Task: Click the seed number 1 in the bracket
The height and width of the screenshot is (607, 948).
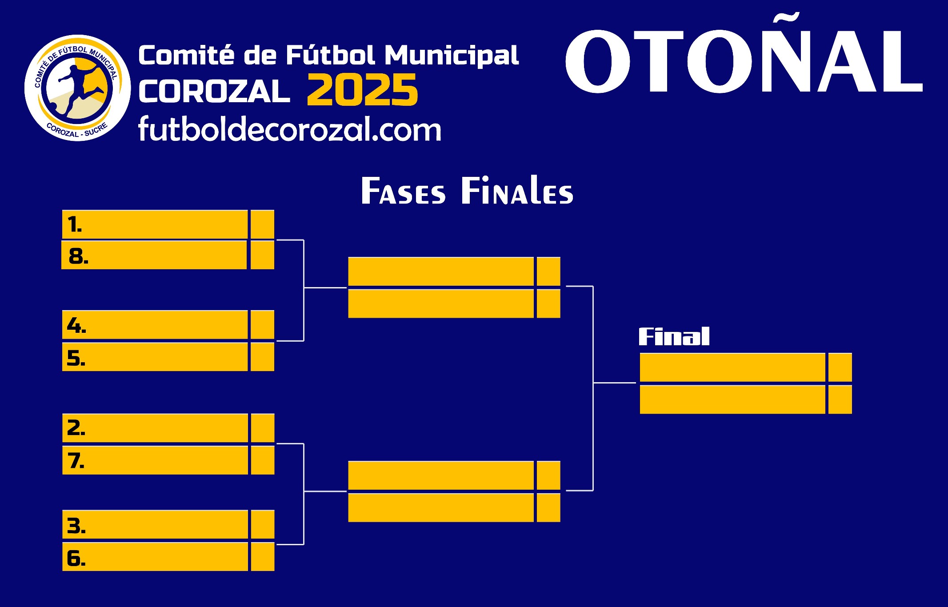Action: (x=75, y=224)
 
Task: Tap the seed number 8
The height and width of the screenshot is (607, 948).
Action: (x=78, y=256)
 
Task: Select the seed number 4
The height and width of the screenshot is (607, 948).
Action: (x=76, y=325)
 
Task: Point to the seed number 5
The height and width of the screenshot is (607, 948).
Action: (x=76, y=358)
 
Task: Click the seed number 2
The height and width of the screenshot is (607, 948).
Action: (x=76, y=427)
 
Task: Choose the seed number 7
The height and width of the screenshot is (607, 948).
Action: (x=76, y=460)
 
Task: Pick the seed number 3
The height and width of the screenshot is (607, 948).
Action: (x=76, y=526)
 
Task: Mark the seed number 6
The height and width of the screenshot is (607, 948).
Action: (x=76, y=558)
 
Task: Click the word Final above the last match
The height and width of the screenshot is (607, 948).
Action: (x=674, y=336)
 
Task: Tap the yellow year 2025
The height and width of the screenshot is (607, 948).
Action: (x=362, y=90)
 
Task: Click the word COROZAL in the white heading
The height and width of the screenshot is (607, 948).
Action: (x=214, y=91)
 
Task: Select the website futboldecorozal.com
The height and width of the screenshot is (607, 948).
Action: (x=290, y=129)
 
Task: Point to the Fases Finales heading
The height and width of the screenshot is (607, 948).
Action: (x=467, y=191)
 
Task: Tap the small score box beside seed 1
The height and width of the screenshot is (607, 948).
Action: (x=262, y=224)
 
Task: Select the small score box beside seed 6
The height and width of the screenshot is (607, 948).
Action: (x=262, y=557)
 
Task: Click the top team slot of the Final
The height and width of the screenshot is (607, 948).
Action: (x=732, y=367)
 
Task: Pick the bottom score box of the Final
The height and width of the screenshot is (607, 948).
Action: (x=840, y=399)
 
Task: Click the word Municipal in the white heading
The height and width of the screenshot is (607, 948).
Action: (x=452, y=56)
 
